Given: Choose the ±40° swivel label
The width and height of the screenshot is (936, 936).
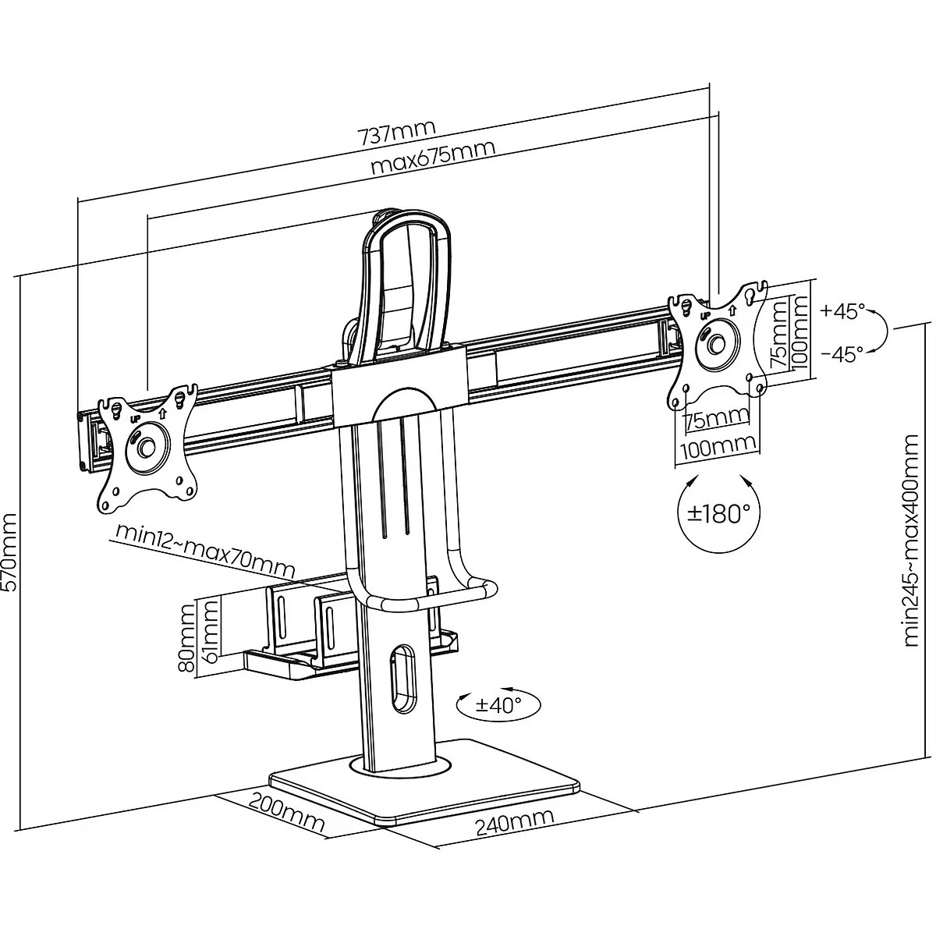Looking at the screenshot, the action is pos(498,704).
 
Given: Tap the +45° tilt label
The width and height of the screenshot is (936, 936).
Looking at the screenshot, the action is pos(842,311).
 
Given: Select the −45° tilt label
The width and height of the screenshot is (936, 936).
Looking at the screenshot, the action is pos(842,354).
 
